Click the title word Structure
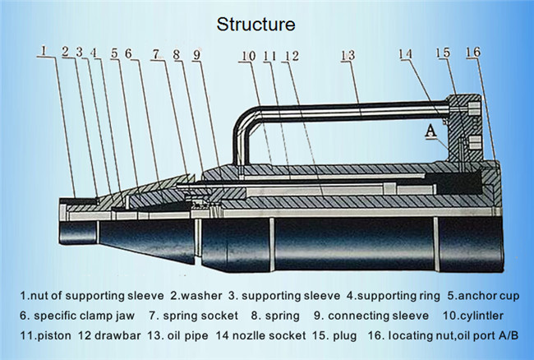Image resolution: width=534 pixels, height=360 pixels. [x=255, y=25]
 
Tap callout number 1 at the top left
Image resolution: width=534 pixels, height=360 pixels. [x=44, y=51]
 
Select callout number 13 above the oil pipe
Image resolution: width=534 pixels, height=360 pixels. [x=348, y=56]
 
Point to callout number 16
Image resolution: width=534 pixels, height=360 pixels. [x=473, y=52]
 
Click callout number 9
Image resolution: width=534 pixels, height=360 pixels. [x=196, y=55]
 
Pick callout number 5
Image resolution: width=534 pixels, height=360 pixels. [x=114, y=53]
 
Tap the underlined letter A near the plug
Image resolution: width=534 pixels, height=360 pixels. [x=430, y=131]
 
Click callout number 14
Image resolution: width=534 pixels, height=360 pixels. [x=406, y=53]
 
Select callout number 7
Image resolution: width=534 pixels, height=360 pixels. [x=155, y=54]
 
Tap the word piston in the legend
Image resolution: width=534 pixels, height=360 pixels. [x=54, y=336]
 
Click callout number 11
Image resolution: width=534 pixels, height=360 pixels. [x=269, y=56]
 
